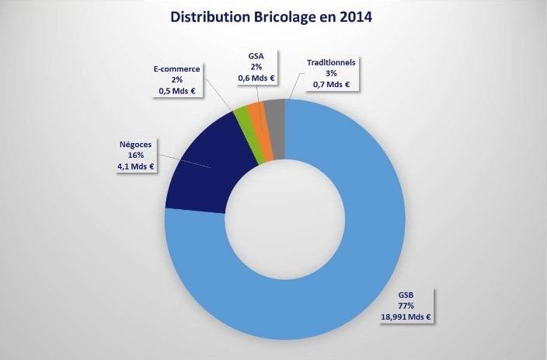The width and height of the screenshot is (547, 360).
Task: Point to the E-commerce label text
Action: coord(176,69)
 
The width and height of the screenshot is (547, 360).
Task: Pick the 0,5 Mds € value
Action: coord(176,91)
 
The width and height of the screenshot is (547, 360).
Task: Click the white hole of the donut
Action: coord(285,221)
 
